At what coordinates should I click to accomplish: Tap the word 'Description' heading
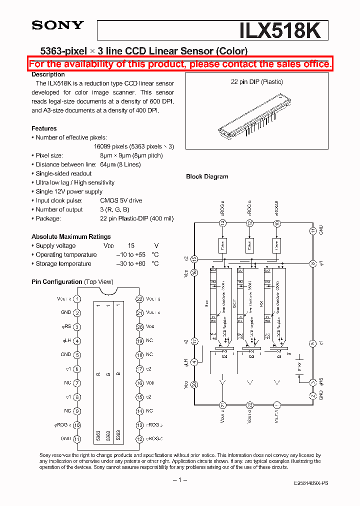click(48, 74)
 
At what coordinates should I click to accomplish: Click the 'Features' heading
click(44, 128)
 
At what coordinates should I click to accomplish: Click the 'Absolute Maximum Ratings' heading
click(71, 236)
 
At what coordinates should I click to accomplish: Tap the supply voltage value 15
click(131, 246)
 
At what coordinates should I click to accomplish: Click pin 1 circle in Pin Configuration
click(77, 298)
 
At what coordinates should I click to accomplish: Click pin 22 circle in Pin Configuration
click(139, 299)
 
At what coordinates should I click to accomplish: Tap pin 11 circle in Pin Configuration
click(77, 439)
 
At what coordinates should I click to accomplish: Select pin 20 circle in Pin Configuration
click(139, 327)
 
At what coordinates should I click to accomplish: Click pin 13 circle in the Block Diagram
click(222, 223)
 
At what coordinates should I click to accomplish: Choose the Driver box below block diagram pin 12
click(249, 244)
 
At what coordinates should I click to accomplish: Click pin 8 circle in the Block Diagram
click(312, 263)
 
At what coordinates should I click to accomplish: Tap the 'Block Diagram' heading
click(207, 176)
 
